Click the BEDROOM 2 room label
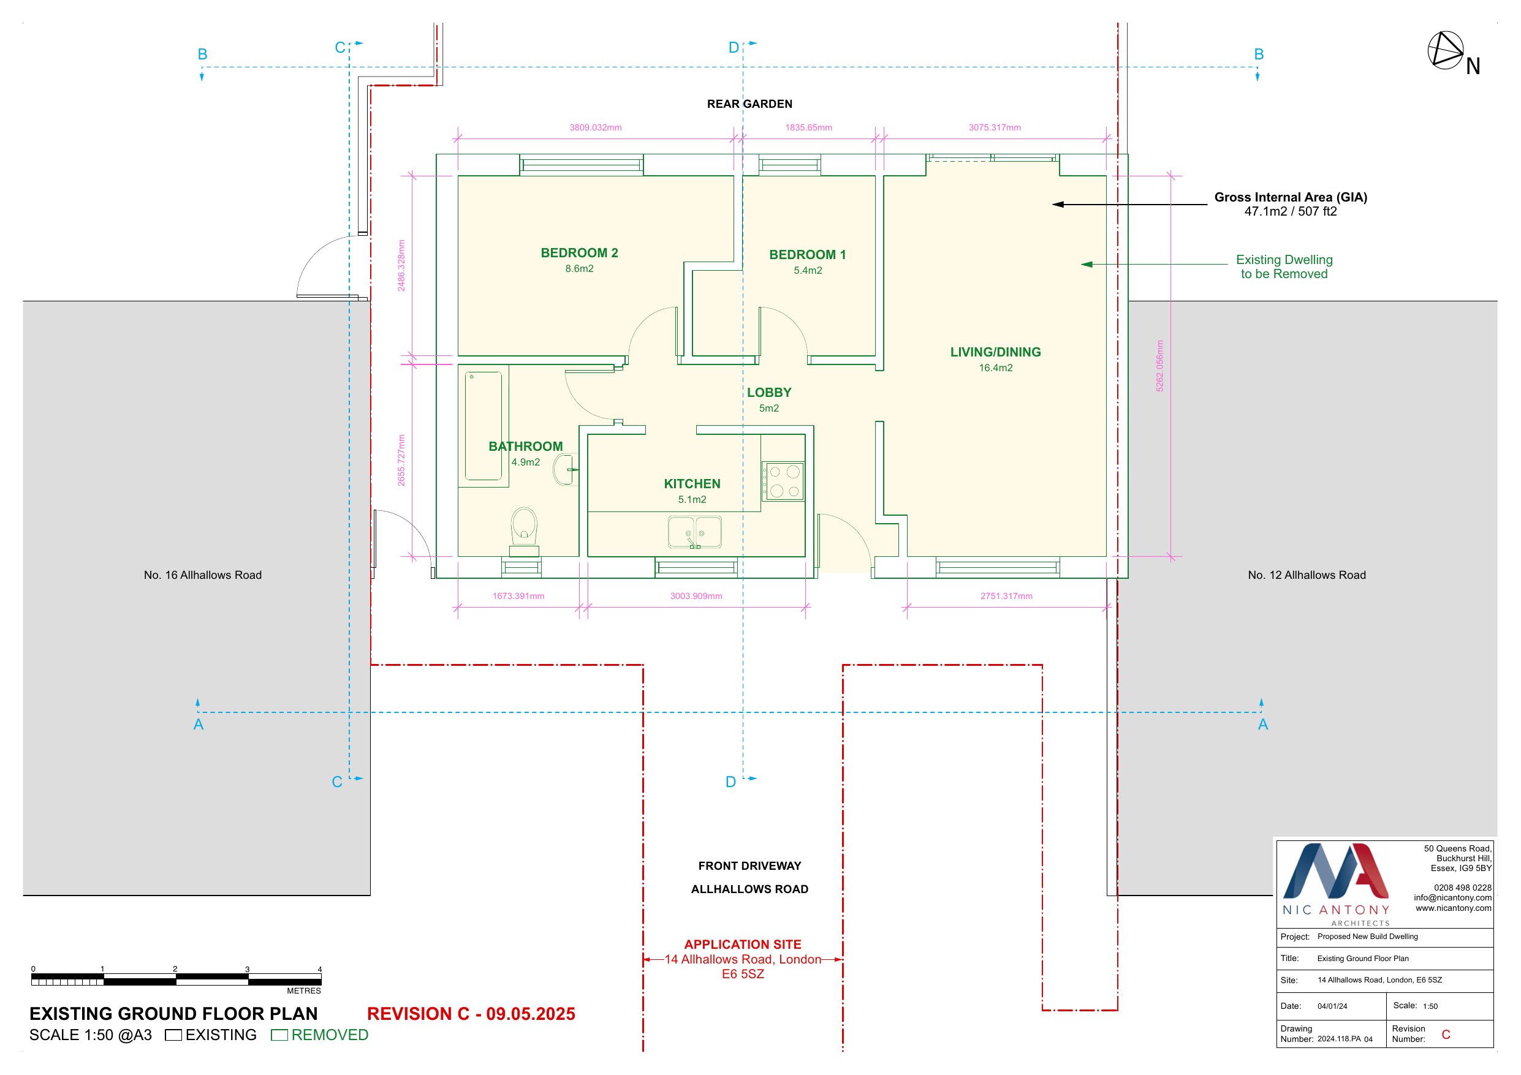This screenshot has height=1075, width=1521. pyautogui.click(x=579, y=253)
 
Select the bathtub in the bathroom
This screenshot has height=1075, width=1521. pyautogui.click(x=483, y=425)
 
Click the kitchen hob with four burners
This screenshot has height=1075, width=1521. pyautogui.click(x=783, y=481)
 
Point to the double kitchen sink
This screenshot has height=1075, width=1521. pyautogui.click(x=694, y=532)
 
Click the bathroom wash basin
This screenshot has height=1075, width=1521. pyautogui.click(x=565, y=469)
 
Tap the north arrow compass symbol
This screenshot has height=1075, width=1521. pyautogui.click(x=1445, y=50)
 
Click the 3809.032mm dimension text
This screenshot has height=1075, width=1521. pyautogui.click(x=596, y=127)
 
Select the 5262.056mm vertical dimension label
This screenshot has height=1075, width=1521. pyautogui.click(x=1159, y=366)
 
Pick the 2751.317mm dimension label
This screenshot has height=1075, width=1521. pyautogui.click(x=1006, y=596)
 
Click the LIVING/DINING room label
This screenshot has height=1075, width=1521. pyautogui.click(x=995, y=352)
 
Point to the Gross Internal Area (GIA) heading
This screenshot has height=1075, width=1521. pyautogui.click(x=1291, y=197)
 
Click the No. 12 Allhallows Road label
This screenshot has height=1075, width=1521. pyautogui.click(x=1307, y=575)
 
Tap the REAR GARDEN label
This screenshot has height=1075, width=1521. pyautogui.click(x=749, y=104)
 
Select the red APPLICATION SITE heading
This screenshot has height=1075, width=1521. pyautogui.click(x=743, y=945)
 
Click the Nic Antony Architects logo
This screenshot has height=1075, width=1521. pyautogui.click(x=1335, y=883)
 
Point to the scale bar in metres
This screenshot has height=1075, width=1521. pyautogui.click(x=176, y=979)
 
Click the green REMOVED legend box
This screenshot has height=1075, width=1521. pyautogui.click(x=279, y=1035)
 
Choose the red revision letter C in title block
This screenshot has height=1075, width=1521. pyautogui.click(x=1446, y=1035)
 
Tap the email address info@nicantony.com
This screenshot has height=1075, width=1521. pyautogui.click(x=1452, y=898)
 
